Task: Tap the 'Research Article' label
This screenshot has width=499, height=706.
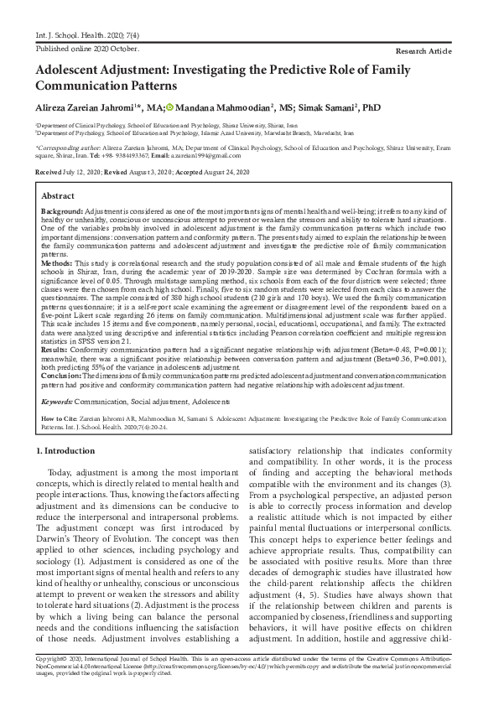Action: pyautogui.click(x=434, y=52)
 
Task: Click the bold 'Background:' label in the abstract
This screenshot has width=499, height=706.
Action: pyautogui.click(x=62, y=211)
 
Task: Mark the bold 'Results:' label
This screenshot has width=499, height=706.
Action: pyautogui.click(x=55, y=348)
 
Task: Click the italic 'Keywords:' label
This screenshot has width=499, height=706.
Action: pyautogui.click(x=56, y=402)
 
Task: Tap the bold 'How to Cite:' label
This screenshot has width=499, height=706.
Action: pyautogui.click(x=61, y=417)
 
